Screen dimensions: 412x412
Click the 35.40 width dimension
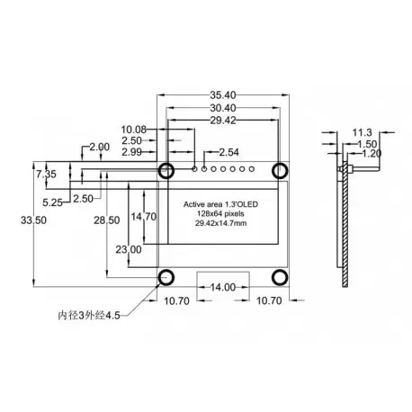click(x=223, y=95)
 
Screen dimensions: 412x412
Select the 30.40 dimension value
click(x=223, y=108)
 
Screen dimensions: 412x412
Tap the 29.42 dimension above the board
click(x=223, y=121)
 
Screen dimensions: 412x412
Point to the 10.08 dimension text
click(x=133, y=130)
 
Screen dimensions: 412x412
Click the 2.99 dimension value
click(x=131, y=152)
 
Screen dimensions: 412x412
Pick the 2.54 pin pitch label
click(x=228, y=152)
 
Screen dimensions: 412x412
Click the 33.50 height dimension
click(x=33, y=220)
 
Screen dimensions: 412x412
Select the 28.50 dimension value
click(x=107, y=220)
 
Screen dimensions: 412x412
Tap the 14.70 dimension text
click(x=144, y=217)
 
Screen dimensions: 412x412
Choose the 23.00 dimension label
click(x=129, y=249)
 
